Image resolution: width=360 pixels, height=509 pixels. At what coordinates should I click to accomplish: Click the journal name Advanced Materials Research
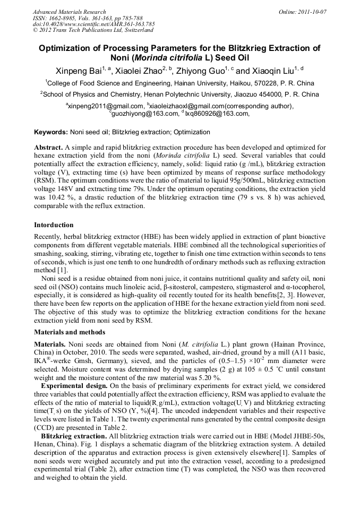pos(69,12)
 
